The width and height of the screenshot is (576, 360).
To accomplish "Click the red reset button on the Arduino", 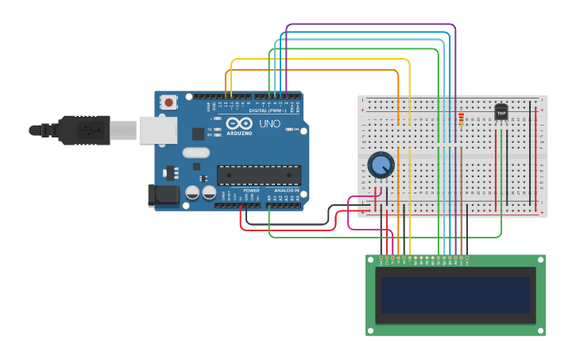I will click(168, 102).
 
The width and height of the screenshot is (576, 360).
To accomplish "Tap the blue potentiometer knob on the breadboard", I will click(381, 165).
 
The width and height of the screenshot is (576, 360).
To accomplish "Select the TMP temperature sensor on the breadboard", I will click(501, 113).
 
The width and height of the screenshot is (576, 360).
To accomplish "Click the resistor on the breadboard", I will click(461, 119).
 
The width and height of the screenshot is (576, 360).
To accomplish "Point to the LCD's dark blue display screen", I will click(455, 295).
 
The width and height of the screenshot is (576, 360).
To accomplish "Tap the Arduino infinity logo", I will click(238, 123).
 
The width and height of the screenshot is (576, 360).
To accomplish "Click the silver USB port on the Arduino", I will click(157, 130).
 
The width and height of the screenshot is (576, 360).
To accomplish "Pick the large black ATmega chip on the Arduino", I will click(259, 175).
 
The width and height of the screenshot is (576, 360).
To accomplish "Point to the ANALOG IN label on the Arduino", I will click(286, 191).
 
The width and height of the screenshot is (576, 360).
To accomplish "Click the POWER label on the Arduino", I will click(251, 191).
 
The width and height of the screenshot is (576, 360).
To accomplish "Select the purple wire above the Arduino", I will click(370, 25).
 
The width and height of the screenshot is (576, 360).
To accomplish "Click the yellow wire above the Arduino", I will click(318, 59).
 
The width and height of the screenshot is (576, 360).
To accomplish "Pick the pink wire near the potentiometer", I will click(350, 213).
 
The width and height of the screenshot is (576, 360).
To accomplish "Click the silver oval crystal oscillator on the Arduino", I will click(195, 153).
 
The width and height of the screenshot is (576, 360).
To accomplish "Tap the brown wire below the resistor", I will click(461, 191).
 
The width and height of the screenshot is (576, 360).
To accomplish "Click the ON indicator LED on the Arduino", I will click(291, 130).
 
